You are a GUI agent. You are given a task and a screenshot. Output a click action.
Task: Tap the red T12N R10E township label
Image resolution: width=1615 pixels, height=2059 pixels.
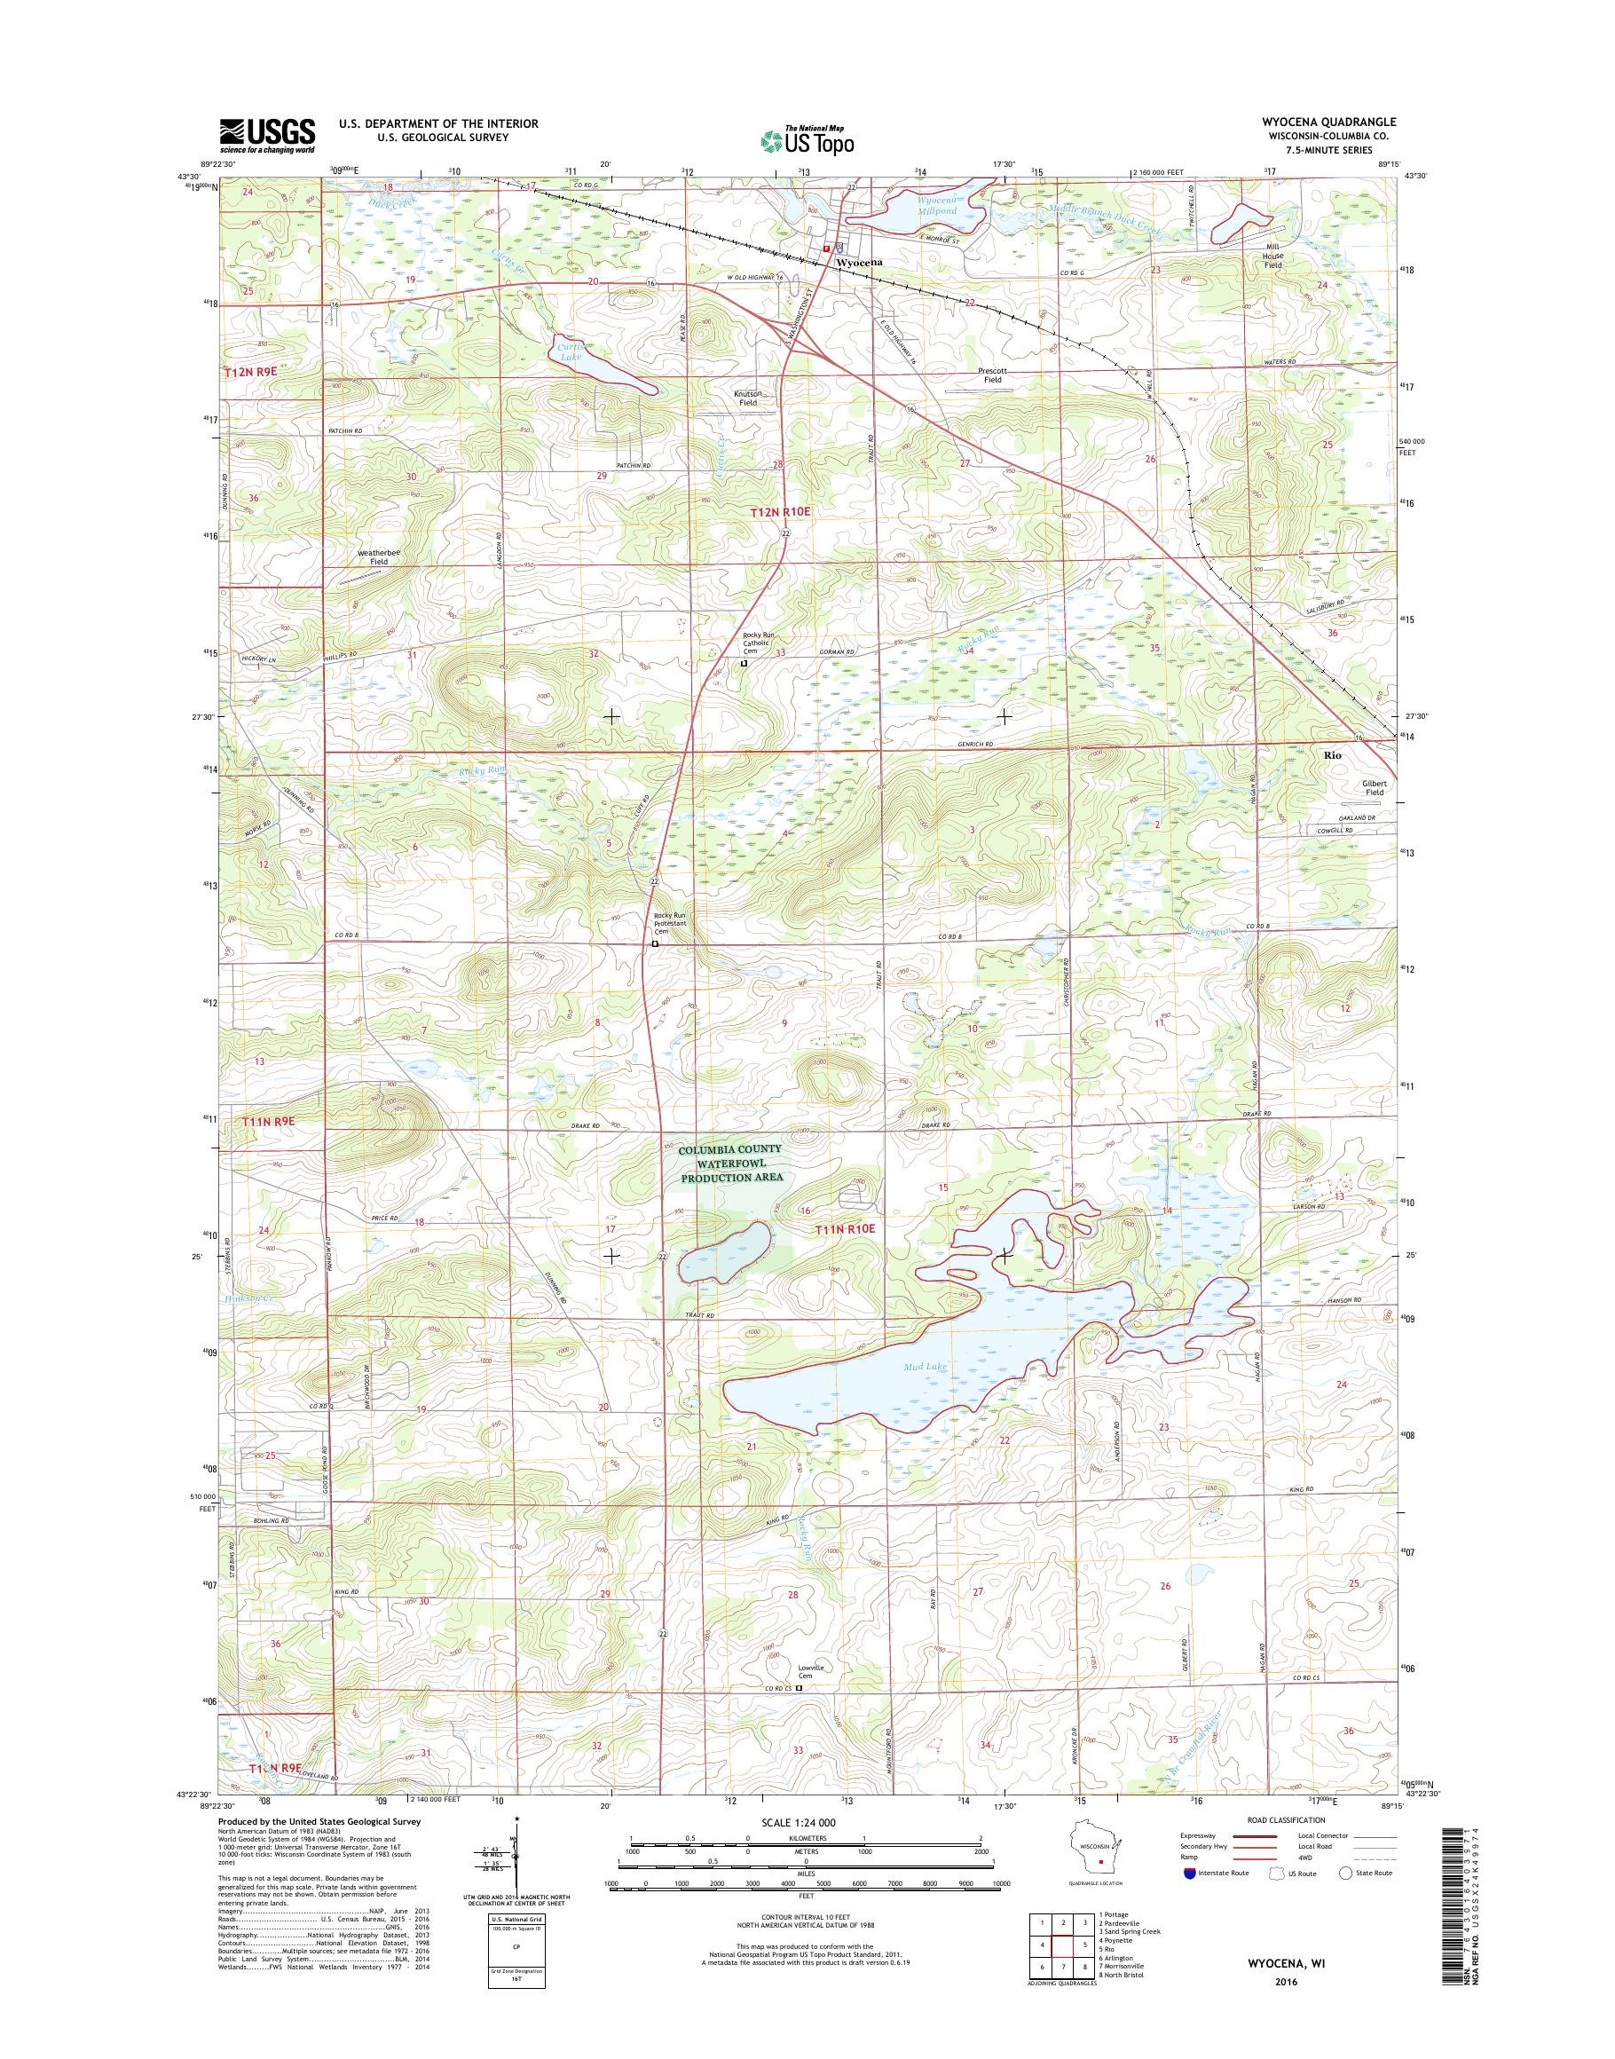click(780, 510)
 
